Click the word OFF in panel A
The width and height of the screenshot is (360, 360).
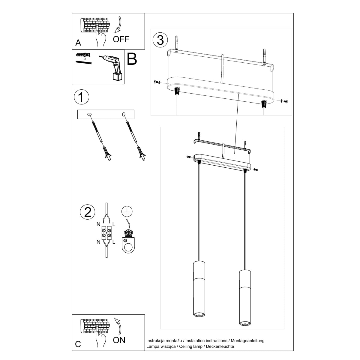(x=121, y=39)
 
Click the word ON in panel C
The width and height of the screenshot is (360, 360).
(x=119, y=340)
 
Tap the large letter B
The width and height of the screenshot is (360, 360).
(x=132, y=59)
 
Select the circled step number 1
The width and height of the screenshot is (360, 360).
(x=81, y=97)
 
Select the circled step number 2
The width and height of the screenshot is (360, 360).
(x=88, y=212)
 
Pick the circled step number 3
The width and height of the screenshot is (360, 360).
(x=160, y=40)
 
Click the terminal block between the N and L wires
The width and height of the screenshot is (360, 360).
(x=107, y=234)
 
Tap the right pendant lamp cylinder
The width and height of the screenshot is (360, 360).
(x=245, y=297)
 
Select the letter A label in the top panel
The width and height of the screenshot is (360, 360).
(x=78, y=43)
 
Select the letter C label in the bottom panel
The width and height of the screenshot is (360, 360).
(x=78, y=344)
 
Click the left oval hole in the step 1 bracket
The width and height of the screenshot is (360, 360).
(x=89, y=115)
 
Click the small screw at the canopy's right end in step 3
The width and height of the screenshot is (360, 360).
(x=285, y=101)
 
